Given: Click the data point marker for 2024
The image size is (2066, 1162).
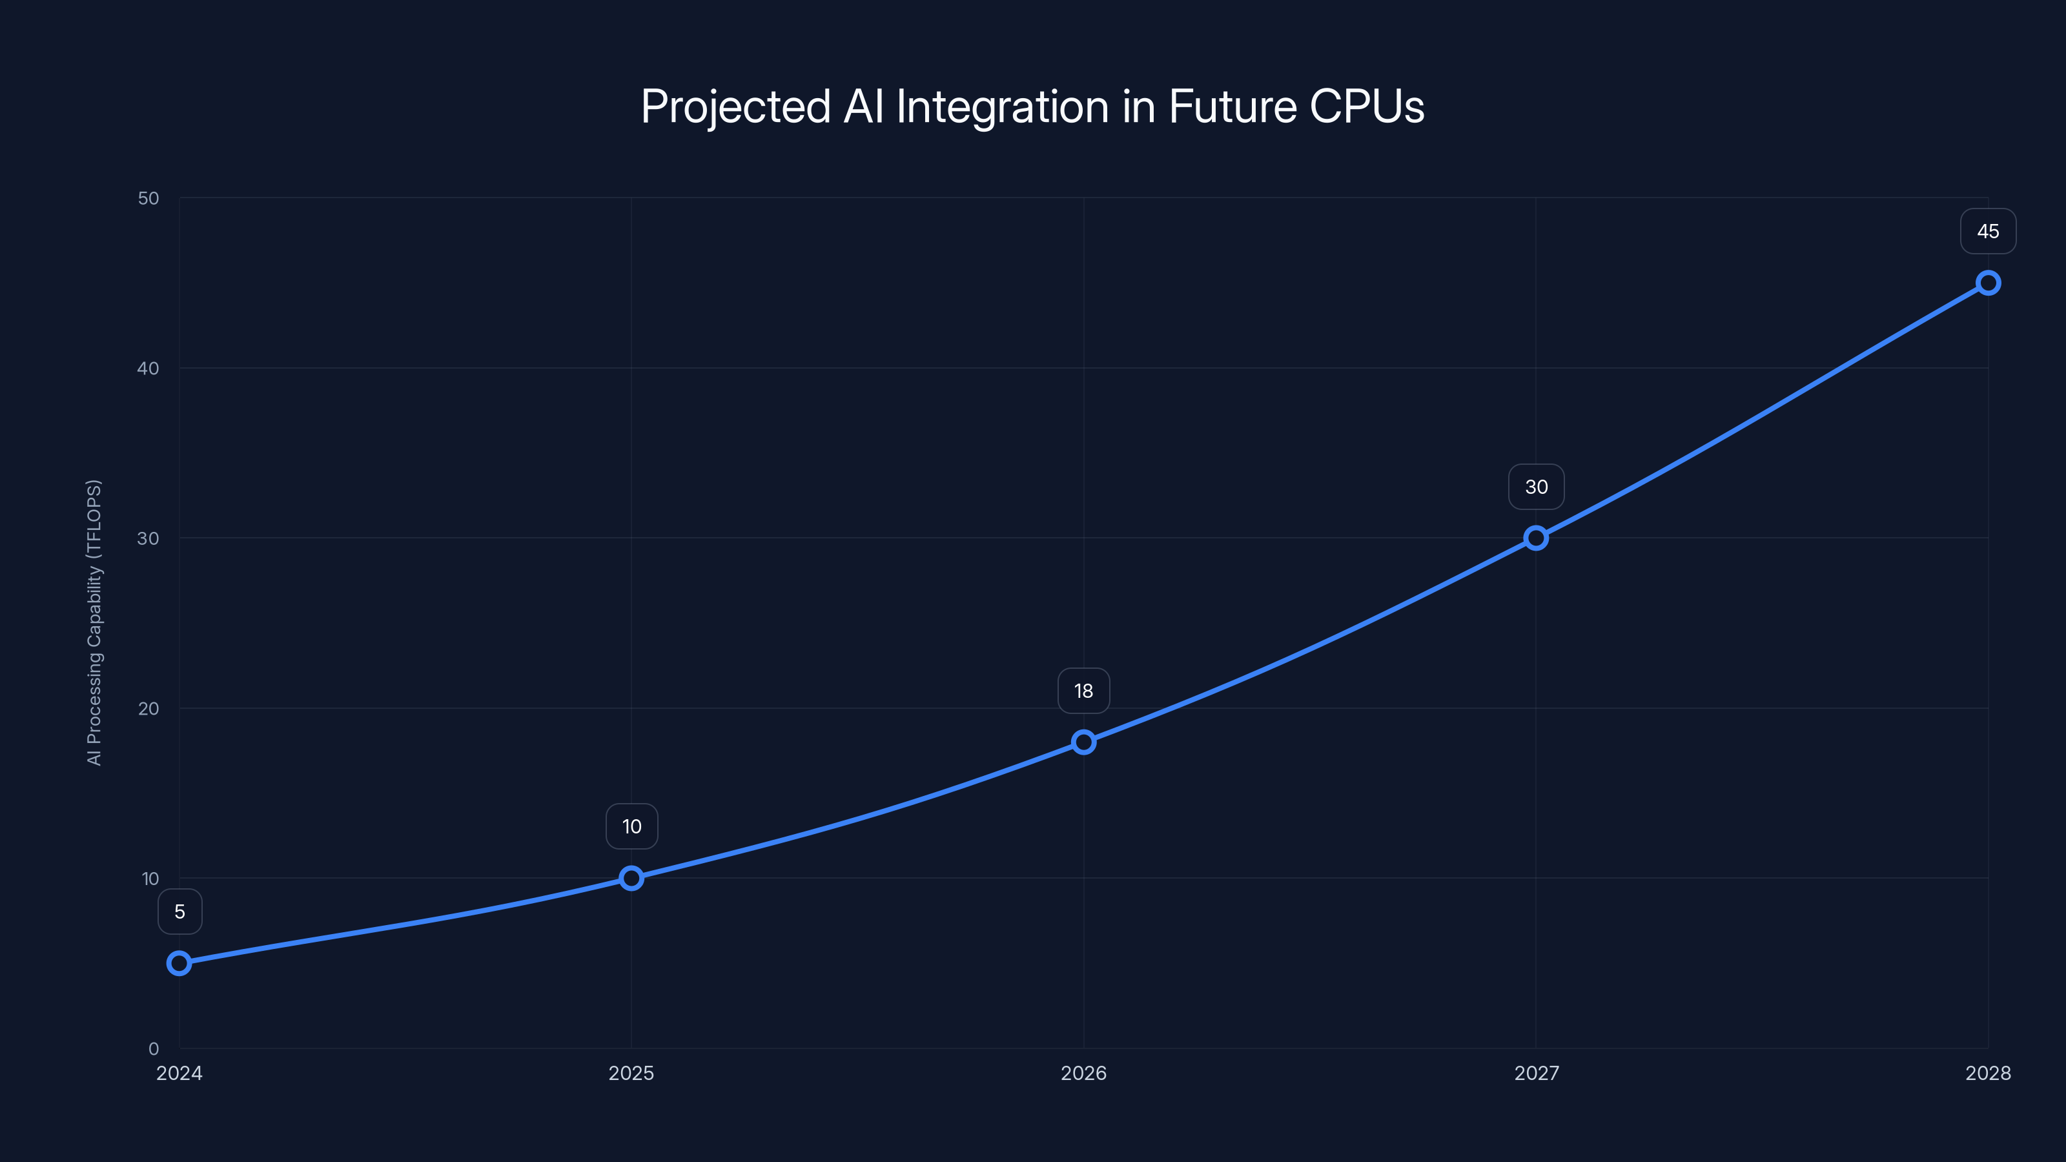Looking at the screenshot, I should pos(179,963).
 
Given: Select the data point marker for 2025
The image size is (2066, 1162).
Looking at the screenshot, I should pos(631,878).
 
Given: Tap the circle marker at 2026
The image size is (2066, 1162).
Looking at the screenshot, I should pos(1083,742).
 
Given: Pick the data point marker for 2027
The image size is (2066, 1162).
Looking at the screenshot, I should pos(1536,538).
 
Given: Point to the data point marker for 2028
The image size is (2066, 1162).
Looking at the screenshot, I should pos(1989,283).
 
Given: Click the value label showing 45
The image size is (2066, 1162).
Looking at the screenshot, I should pos(1989,232).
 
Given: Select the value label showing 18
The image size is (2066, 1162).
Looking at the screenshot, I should pos(1083,691).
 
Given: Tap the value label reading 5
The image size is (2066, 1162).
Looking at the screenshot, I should pos(179,912).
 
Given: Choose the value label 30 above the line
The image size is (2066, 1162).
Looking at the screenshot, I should pos(1536,487).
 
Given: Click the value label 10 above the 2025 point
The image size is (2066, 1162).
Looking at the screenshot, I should pos(631,827).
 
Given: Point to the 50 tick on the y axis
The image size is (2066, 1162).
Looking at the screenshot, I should pos(148,198).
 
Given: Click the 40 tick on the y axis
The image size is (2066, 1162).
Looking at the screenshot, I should pos(148,368).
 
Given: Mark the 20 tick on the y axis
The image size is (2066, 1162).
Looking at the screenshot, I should pos(148,708).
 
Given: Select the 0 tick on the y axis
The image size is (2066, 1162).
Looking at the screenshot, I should pos(154,1048).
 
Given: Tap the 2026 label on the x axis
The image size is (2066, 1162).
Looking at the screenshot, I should pos(1083,1073).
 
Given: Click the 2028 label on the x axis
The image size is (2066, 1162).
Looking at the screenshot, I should pos(1989,1073).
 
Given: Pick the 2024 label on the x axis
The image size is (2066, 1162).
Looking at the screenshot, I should pos(179,1073).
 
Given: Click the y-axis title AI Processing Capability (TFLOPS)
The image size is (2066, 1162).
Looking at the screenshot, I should pos(94,622).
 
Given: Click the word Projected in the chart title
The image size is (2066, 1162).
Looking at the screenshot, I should pos(735,107).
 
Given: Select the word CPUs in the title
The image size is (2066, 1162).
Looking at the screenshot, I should pos(1367,107).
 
